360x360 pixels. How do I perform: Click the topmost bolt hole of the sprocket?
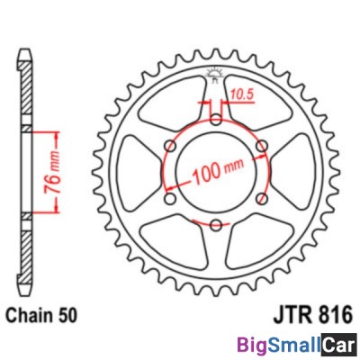(216, 119)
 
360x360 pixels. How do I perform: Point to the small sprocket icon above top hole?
(216, 73)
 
